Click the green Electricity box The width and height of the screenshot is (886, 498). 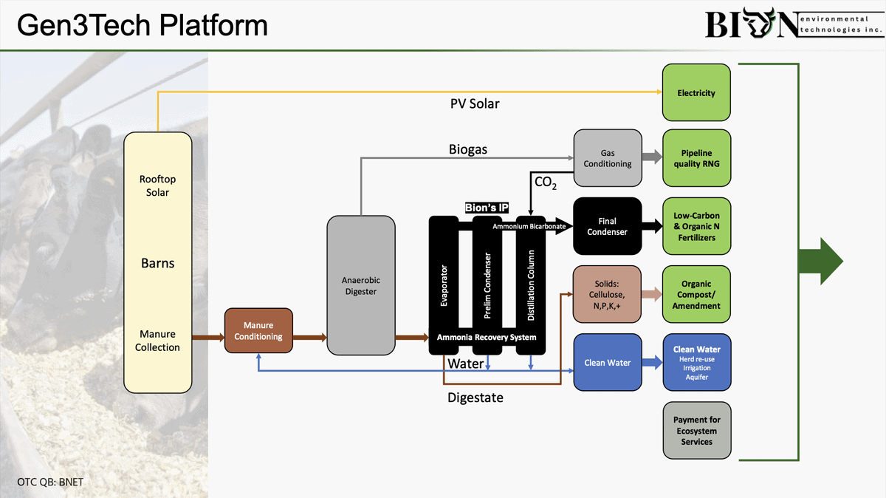pos(696,93)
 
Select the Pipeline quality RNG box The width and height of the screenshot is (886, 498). pos(696,158)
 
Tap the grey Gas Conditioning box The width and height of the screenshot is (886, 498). pos(608,158)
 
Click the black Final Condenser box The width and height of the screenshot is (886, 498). pos(608,226)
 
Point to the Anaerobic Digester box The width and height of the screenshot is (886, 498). pos(359,286)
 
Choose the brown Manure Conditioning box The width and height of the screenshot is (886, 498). pos(258,331)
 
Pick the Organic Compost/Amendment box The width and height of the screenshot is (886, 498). pos(696,294)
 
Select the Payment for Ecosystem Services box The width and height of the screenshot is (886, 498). pos(696,431)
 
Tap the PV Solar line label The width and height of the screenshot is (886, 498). pos(475,103)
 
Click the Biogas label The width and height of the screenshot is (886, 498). pos(468,149)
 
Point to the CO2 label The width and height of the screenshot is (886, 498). pos(545,182)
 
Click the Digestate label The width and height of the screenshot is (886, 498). pos(475,398)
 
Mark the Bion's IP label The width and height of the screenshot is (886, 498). pos(487,208)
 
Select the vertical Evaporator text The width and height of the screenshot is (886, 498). pos(444,285)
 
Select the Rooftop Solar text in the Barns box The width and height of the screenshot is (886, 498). pos(157,185)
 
